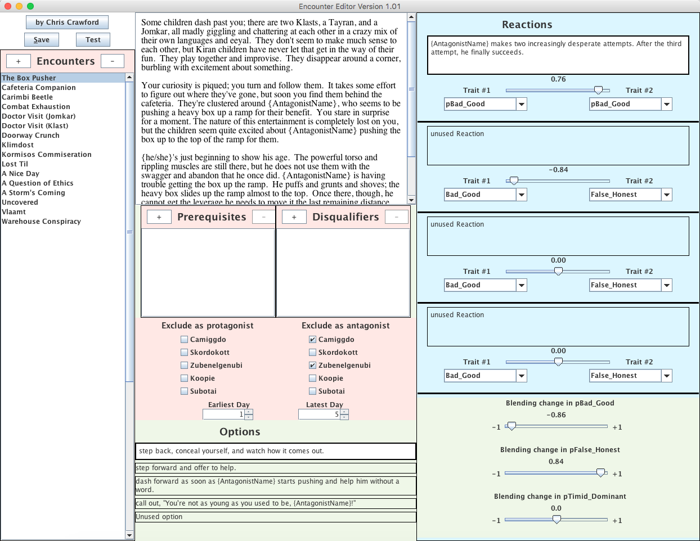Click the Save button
pyautogui.click(x=42, y=39)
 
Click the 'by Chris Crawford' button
pyautogui.click(x=67, y=22)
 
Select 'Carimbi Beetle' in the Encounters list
pyautogui.click(x=27, y=97)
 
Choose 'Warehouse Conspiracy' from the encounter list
pyautogui.click(x=41, y=222)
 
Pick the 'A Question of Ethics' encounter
pyautogui.click(x=37, y=183)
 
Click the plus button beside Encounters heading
pyautogui.click(x=19, y=61)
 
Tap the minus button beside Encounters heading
pyautogui.click(x=113, y=61)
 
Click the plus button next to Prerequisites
pyautogui.click(x=159, y=217)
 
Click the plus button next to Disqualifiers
pyautogui.click(x=294, y=217)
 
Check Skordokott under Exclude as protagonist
pyautogui.click(x=184, y=353)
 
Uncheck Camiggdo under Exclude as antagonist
pyautogui.click(x=312, y=340)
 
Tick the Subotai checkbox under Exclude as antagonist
pyautogui.click(x=312, y=391)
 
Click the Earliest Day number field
pyautogui.click(x=223, y=414)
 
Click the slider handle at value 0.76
pyautogui.click(x=598, y=91)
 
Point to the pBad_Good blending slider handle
pyautogui.click(x=511, y=426)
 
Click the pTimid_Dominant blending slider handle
pyautogui.click(x=557, y=520)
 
